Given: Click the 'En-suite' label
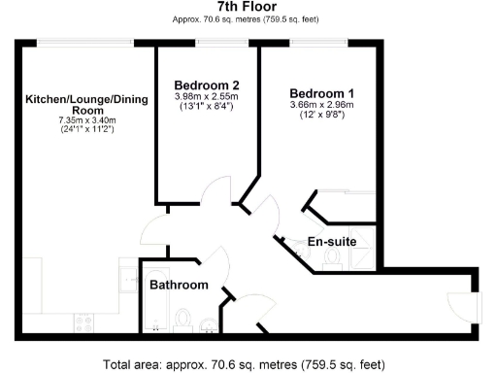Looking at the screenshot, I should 331,241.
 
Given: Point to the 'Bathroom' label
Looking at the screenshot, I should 179,285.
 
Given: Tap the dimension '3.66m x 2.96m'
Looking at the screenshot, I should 321,105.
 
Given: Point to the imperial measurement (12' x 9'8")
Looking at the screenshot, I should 321,116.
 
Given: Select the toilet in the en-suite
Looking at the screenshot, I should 332,256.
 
